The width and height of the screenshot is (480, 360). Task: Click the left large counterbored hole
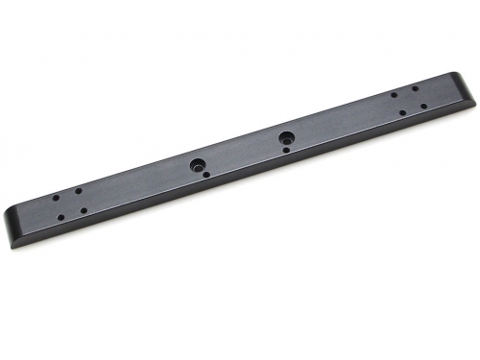(196, 164)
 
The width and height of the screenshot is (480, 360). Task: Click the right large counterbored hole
(286, 136)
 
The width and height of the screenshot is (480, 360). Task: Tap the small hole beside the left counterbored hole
(205, 175)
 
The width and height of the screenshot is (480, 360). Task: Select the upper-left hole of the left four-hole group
(56, 198)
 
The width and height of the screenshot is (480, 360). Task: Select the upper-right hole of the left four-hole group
(79, 190)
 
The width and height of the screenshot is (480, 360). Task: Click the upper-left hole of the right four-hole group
(394, 94)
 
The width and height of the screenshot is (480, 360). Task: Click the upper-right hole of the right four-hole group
(415, 88)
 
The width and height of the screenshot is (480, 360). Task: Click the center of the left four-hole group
(69, 204)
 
